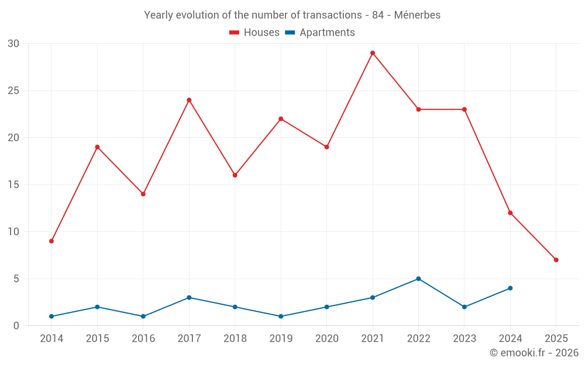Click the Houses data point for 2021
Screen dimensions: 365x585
coord(372,53)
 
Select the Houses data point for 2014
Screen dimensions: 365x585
coord(51,241)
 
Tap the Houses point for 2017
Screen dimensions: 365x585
coord(189,100)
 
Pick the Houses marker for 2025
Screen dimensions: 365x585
coord(556,260)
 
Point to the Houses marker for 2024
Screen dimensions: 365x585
coord(510,213)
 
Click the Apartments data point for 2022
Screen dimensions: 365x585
coord(418,279)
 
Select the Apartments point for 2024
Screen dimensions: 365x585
coord(510,288)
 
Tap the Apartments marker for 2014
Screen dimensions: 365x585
coord(51,317)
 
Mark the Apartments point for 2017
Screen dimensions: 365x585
coord(189,298)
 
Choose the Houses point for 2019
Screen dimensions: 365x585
coord(281,119)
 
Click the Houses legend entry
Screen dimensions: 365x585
coord(254,33)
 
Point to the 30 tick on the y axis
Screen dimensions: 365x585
coord(13,44)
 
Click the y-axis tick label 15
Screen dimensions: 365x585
coord(13,185)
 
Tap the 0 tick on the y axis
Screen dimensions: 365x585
coord(16,326)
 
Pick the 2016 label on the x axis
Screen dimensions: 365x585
coord(143,339)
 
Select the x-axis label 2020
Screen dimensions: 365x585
coord(326,339)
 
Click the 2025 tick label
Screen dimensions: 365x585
coord(556,339)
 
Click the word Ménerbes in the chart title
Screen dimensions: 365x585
coord(418,15)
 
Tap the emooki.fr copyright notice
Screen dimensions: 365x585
coord(534,353)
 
